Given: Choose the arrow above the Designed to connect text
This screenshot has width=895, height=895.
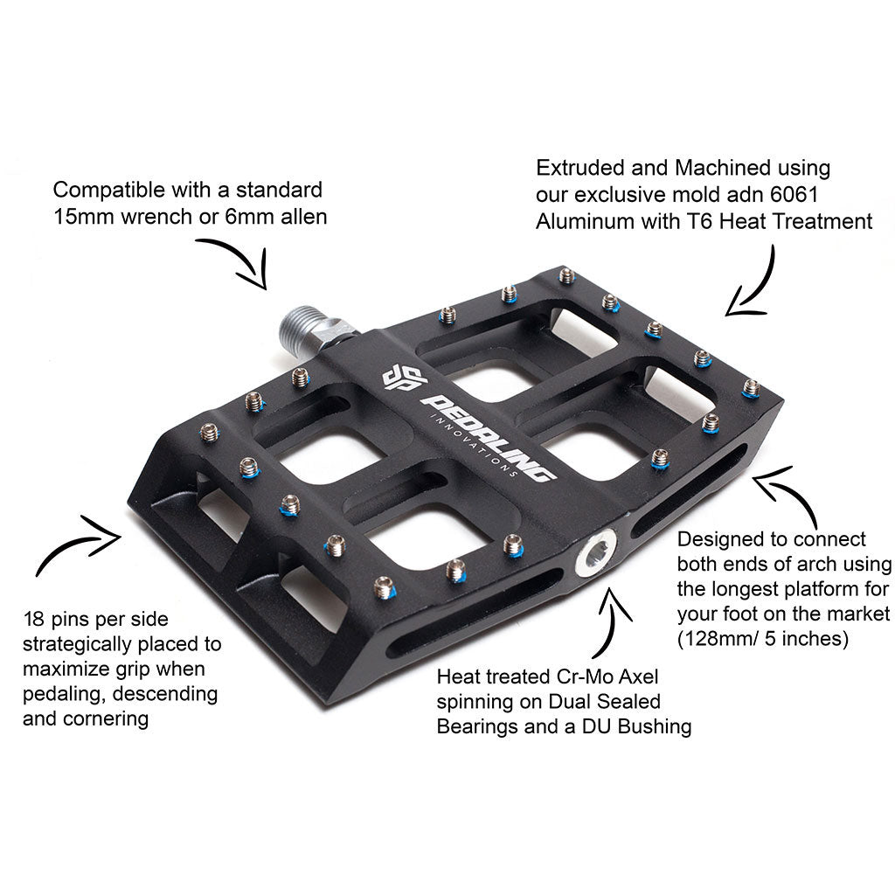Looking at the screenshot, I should point(787,495).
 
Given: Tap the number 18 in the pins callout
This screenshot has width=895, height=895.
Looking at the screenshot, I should point(34,620).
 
